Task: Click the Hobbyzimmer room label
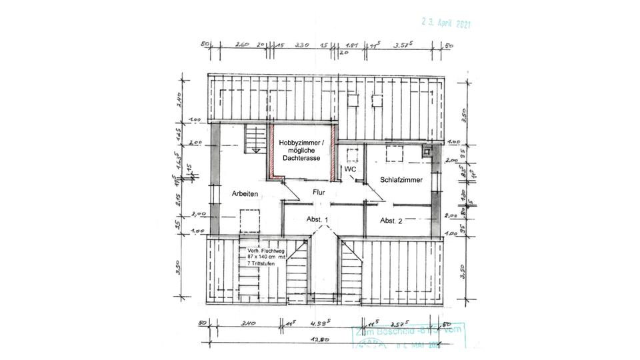[302, 143]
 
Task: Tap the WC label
[349, 170]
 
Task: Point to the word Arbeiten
[245, 193]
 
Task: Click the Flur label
[319, 193]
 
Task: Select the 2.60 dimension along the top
[241, 45]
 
